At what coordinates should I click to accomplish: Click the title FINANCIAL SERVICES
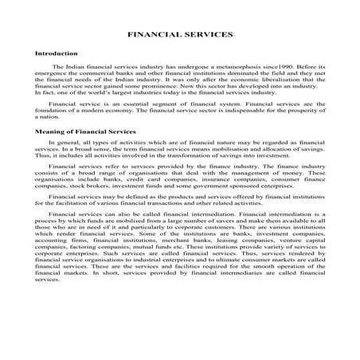coord(180,35)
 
